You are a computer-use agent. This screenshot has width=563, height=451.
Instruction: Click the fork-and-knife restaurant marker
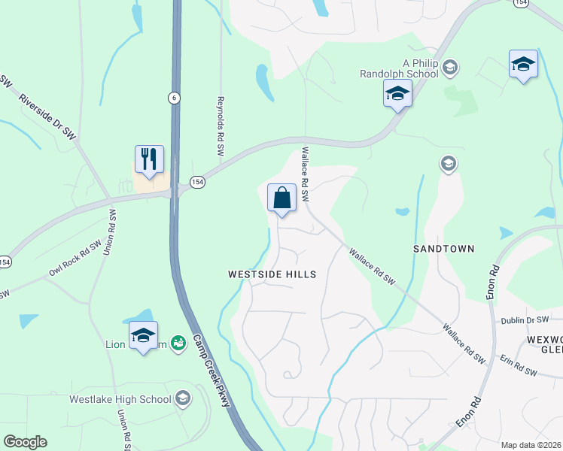tap(149, 159)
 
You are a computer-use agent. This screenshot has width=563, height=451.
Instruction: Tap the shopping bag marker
tap(281, 198)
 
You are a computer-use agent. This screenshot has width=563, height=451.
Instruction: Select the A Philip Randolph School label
tap(409, 68)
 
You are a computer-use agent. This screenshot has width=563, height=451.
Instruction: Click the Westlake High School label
tap(120, 399)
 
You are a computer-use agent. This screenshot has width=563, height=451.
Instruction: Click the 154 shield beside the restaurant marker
tap(197, 182)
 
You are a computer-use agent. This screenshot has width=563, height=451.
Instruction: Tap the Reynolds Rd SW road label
tap(221, 126)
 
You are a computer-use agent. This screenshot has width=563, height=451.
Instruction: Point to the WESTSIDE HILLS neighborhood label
tap(272, 274)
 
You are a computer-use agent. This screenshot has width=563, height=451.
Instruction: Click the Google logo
tap(25, 442)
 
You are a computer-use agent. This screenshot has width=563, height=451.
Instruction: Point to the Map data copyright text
tap(531, 445)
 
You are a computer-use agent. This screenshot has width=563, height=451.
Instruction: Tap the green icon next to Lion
tap(178, 344)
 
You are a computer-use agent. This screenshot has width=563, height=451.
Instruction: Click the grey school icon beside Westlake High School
tap(182, 398)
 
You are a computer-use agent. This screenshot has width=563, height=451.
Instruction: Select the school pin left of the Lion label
tap(143, 337)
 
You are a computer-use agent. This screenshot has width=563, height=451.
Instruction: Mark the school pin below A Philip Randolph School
tap(397, 94)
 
